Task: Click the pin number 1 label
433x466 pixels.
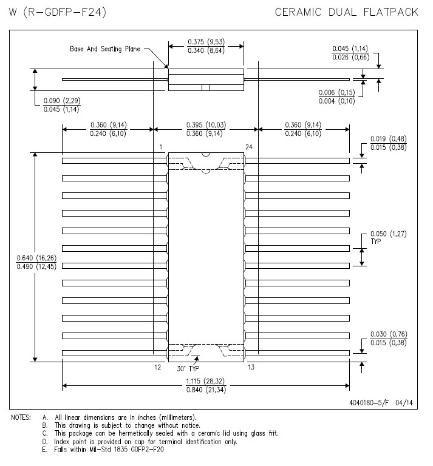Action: click(x=160, y=147)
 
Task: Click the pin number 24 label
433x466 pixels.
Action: click(x=248, y=147)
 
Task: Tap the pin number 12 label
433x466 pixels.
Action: click(x=158, y=367)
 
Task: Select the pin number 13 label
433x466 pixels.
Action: click(x=251, y=367)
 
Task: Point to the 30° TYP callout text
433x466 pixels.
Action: click(x=188, y=369)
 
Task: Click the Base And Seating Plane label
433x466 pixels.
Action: click(x=105, y=49)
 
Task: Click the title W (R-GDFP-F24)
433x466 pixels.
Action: click(x=58, y=12)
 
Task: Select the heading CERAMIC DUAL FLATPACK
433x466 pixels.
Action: click(x=346, y=12)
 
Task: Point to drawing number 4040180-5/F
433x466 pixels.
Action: click(x=369, y=403)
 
